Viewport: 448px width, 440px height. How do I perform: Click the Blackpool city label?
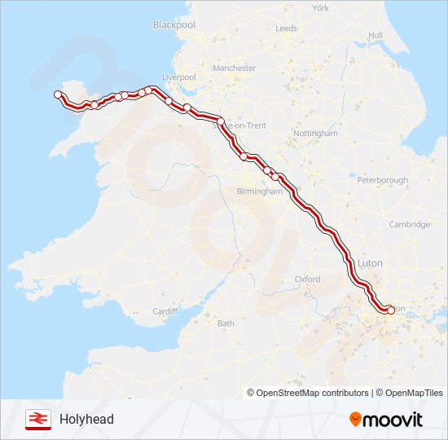point(174,25)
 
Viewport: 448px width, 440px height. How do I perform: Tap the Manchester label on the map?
point(234,68)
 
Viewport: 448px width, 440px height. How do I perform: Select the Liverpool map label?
point(180,77)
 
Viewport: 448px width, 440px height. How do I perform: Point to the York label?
point(321,8)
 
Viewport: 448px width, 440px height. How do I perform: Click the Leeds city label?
point(287,28)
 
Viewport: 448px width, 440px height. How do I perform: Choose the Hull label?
point(376,35)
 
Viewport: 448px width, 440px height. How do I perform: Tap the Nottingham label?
point(315,133)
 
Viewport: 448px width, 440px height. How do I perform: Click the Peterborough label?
point(382,179)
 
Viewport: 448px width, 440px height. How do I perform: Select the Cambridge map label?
point(409,224)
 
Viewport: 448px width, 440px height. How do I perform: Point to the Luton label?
point(370,264)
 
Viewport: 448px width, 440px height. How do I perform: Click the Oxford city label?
point(307,279)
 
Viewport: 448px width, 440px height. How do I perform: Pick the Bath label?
point(226,323)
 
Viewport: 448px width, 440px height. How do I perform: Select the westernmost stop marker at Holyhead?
point(58,95)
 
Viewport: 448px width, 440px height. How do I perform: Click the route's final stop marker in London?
point(390,310)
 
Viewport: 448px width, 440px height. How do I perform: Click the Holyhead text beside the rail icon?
point(86,420)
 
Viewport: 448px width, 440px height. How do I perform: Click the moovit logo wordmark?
point(393,420)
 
